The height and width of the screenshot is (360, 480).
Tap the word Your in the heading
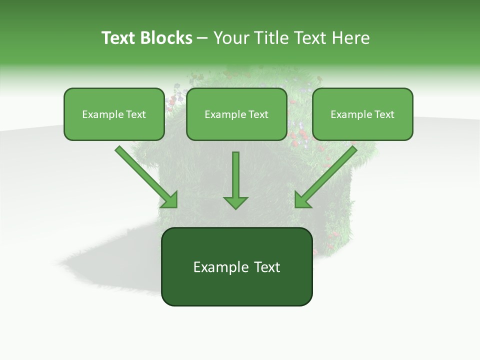pyautogui.click(x=230, y=38)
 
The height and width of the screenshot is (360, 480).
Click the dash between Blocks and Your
pyautogui.click(x=202, y=38)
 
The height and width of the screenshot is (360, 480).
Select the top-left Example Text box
pyautogui.click(x=114, y=114)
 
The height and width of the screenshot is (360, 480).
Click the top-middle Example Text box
pyautogui.click(x=236, y=114)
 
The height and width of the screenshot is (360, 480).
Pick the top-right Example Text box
pyautogui.click(x=362, y=114)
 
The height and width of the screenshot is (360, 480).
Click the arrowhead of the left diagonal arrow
pyautogui.click(x=170, y=200)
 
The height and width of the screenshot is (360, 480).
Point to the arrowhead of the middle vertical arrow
pyautogui.click(x=235, y=202)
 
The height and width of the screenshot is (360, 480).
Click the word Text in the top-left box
pyautogui.click(x=135, y=114)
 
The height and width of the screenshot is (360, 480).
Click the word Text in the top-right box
pyautogui.click(x=384, y=114)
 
